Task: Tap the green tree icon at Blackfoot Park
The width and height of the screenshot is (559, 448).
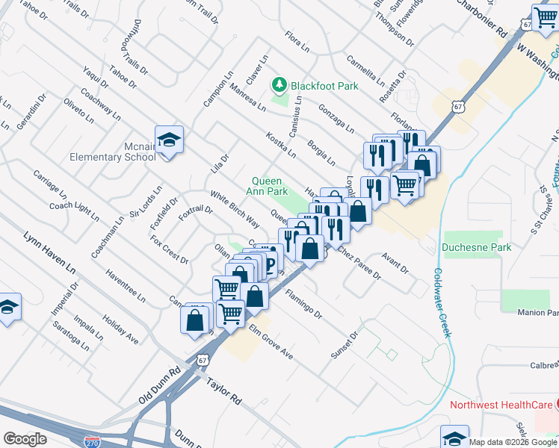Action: (280, 85)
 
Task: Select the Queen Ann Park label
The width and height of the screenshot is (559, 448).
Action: (269, 186)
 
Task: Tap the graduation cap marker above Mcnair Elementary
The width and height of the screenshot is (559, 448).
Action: (170, 139)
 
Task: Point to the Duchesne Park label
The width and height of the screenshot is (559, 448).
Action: (476, 246)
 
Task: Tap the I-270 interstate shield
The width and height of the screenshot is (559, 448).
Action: (92, 441)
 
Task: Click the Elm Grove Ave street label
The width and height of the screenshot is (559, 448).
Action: (271, 341)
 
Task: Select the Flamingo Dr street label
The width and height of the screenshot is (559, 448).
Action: (302, 305)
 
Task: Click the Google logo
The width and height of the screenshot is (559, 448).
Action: (25, 439)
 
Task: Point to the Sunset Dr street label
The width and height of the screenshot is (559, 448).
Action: (345, 344)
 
